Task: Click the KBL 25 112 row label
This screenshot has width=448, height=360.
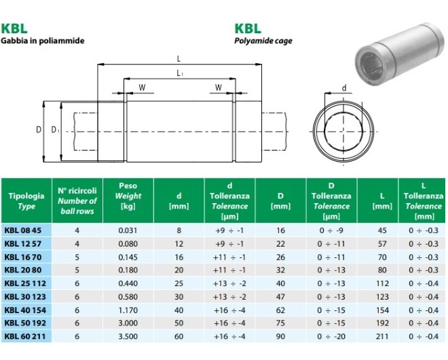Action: tap(25, 283)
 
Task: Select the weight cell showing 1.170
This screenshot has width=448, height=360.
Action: tap(128, 310)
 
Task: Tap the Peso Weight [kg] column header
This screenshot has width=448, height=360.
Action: tap(128, 196)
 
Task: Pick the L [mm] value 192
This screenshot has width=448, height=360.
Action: tap(382, 323)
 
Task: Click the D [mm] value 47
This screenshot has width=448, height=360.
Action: tap(280, 297)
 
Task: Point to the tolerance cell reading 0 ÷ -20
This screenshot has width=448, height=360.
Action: tap(331, 336)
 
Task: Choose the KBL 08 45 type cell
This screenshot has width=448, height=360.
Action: tap(23, 230)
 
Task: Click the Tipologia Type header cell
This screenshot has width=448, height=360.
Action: tap(26, 201)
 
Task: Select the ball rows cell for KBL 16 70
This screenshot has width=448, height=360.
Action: tap(77, 257)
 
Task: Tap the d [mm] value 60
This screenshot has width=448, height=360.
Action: tap(179, 336)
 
